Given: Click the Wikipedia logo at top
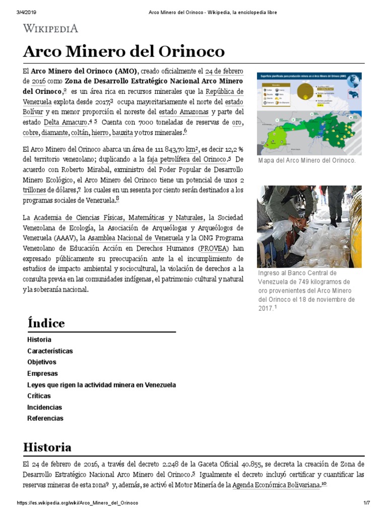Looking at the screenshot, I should (x=50, y=28).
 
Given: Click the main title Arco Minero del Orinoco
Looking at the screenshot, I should (x=124, y=52).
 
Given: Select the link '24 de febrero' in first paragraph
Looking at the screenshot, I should (x=224, y=71).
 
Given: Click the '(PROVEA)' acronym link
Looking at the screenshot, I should (x=214, y=248).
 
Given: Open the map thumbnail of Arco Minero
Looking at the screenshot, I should (x=309, y=113).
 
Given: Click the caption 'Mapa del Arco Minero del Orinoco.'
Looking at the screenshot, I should (x=306, y=161).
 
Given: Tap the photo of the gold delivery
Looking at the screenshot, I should (x=309, y=226).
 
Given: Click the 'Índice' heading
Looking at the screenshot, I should (x=46, y=323).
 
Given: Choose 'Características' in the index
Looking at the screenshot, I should (x=50, y=351).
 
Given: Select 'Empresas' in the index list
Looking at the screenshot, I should (x=42, y=373).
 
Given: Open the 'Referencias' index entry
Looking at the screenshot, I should (x=45, y=418).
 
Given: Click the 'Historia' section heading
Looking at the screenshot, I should (x=47, y=447).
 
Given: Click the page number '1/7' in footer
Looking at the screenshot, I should (x=366, y=503).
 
